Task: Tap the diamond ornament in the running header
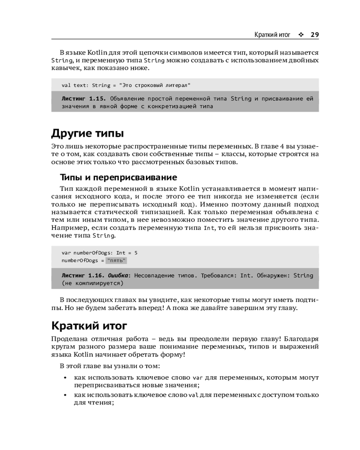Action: click(301, 35)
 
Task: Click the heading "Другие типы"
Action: click(88, 133)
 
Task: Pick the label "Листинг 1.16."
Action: click(83, 275)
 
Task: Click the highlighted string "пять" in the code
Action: click(117, 261)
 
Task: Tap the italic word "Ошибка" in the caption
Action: click(119, 275)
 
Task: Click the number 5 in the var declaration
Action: click(136, 252)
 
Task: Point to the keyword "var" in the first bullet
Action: click(196, 378)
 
